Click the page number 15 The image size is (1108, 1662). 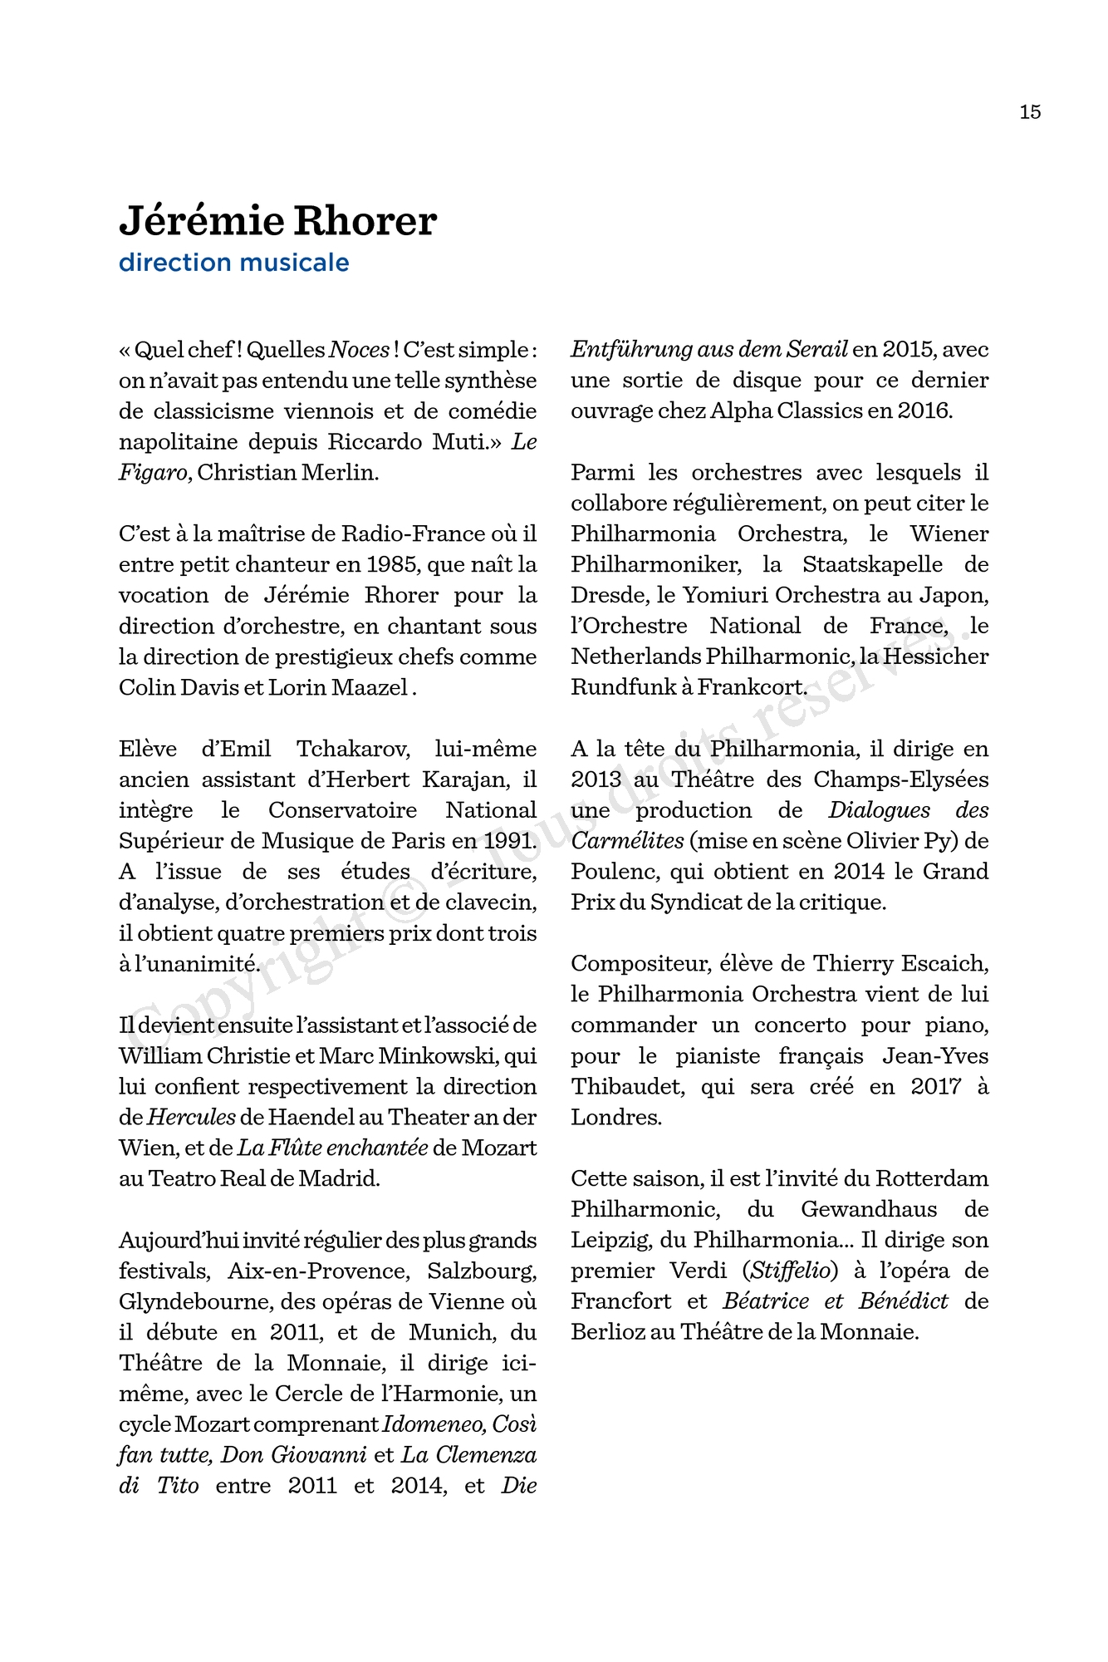coord(1030,112)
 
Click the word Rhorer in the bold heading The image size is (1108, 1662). coord(365,221)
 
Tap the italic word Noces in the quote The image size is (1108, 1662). coord(359,350)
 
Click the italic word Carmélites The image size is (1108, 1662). coord(627,841)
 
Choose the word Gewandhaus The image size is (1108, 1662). coord(869,1210)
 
